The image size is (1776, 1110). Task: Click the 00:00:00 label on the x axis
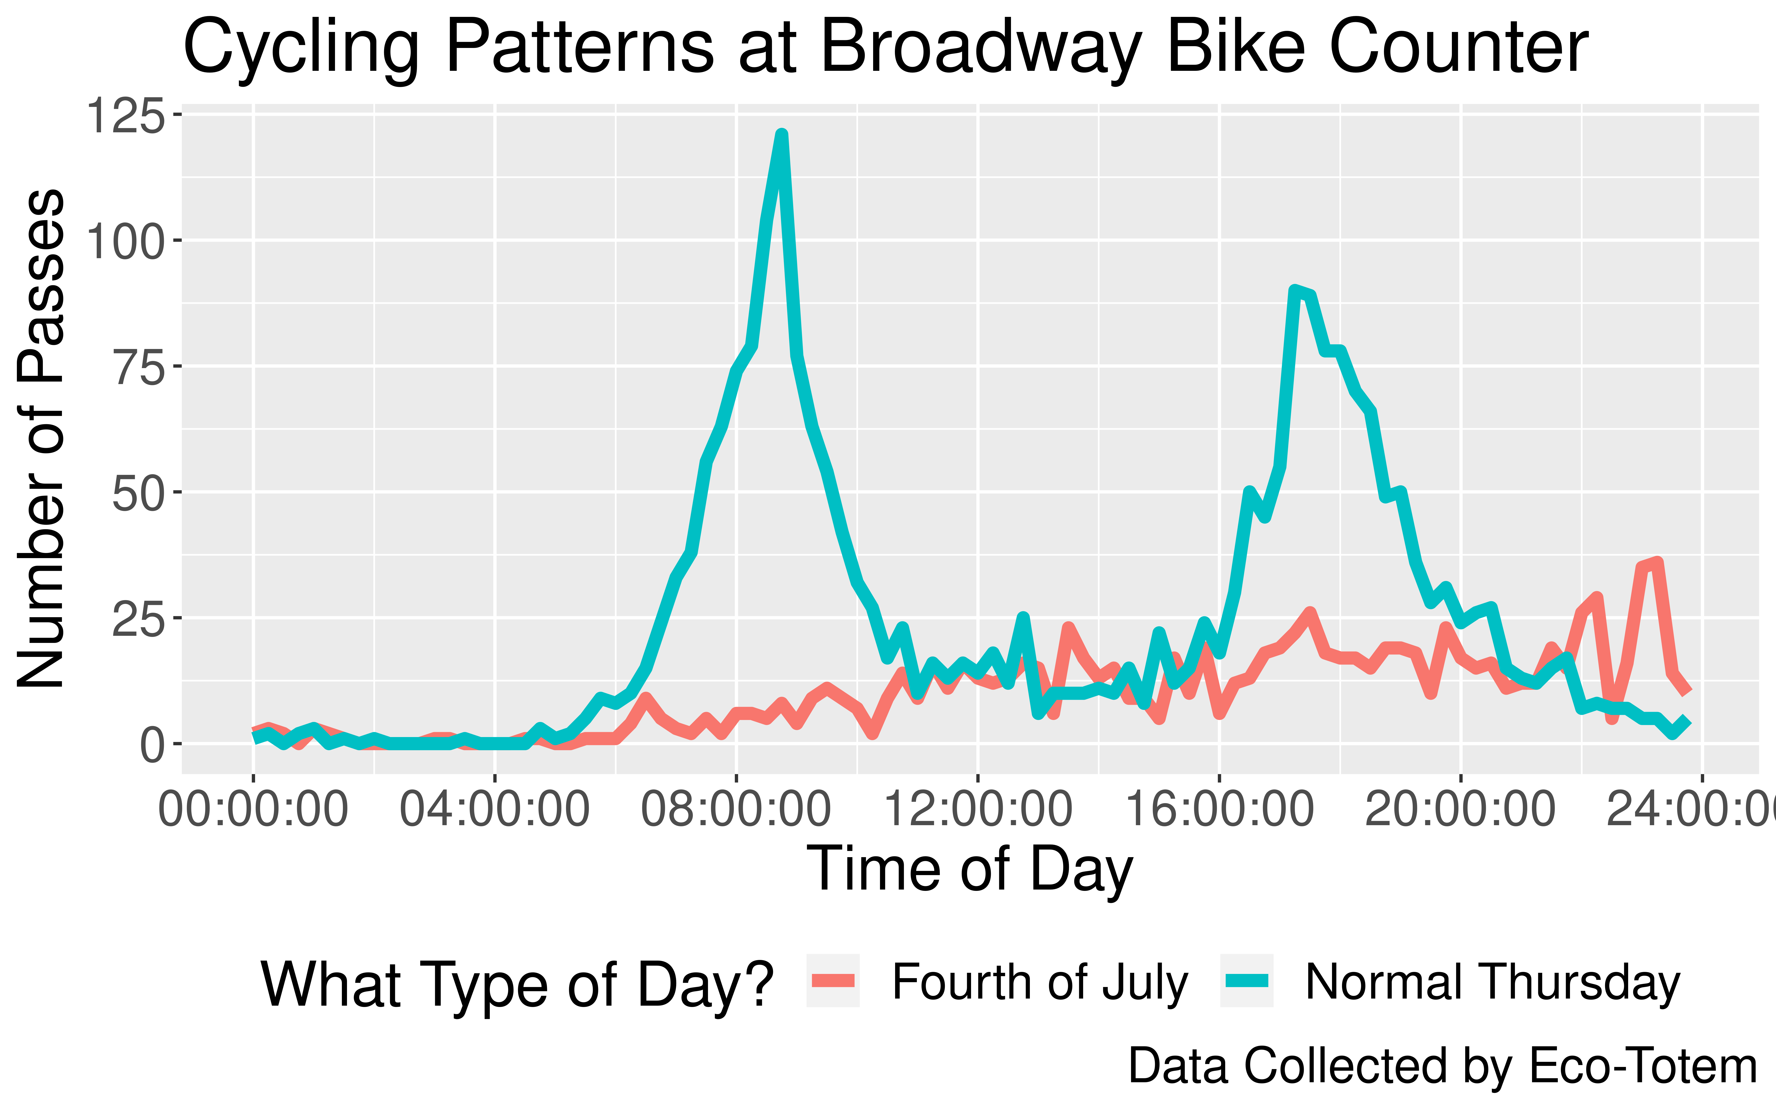pos(253,810)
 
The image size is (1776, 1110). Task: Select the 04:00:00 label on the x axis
pos(495,810)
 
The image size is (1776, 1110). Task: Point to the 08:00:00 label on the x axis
pos(736,810)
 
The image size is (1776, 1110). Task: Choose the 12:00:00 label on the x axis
pos(977,810)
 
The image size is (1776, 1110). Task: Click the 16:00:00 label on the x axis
pos(1219,810)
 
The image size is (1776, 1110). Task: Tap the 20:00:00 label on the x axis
pos(1461,810)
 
